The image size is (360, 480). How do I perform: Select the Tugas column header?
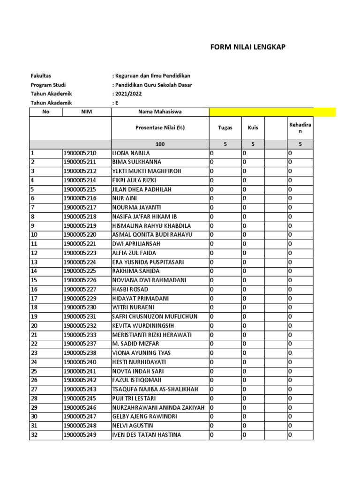click(x=225, y=127)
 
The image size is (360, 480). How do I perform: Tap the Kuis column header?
click(x=253, y=127)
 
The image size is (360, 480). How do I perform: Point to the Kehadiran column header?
click(x=300, y=127)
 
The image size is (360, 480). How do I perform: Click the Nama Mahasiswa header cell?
click(x=160, y=112)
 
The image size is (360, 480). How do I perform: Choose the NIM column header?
click(x=86, y=112)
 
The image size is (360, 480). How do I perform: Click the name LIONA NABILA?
click(x=131, y=153)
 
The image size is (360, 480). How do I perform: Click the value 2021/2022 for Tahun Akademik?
click(x=128, y=94)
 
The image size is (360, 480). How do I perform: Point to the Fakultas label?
click(x=41, y=75)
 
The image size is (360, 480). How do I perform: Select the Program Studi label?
click(x=48, y=85)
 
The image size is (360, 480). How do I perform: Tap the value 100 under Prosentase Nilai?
click(x=160, y=144)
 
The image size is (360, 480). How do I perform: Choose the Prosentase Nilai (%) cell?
click(x=160, y=127)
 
